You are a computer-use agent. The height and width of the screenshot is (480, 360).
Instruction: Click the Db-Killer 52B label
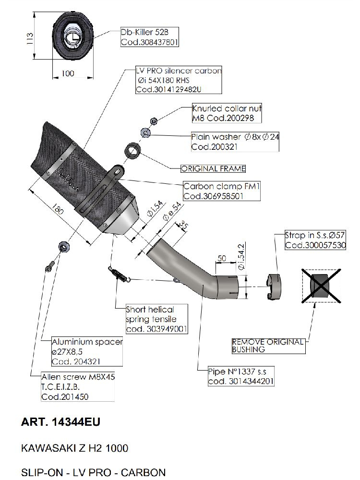(143, 33)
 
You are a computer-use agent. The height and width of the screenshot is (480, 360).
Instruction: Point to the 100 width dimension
(69, 73)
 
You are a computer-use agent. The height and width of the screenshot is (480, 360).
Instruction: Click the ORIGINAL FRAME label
(213, 168)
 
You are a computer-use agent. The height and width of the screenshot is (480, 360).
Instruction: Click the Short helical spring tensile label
(150, 314)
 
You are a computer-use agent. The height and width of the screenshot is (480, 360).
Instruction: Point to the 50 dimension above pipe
(222, 258)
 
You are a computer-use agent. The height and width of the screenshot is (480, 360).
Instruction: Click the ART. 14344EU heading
(61, 422)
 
